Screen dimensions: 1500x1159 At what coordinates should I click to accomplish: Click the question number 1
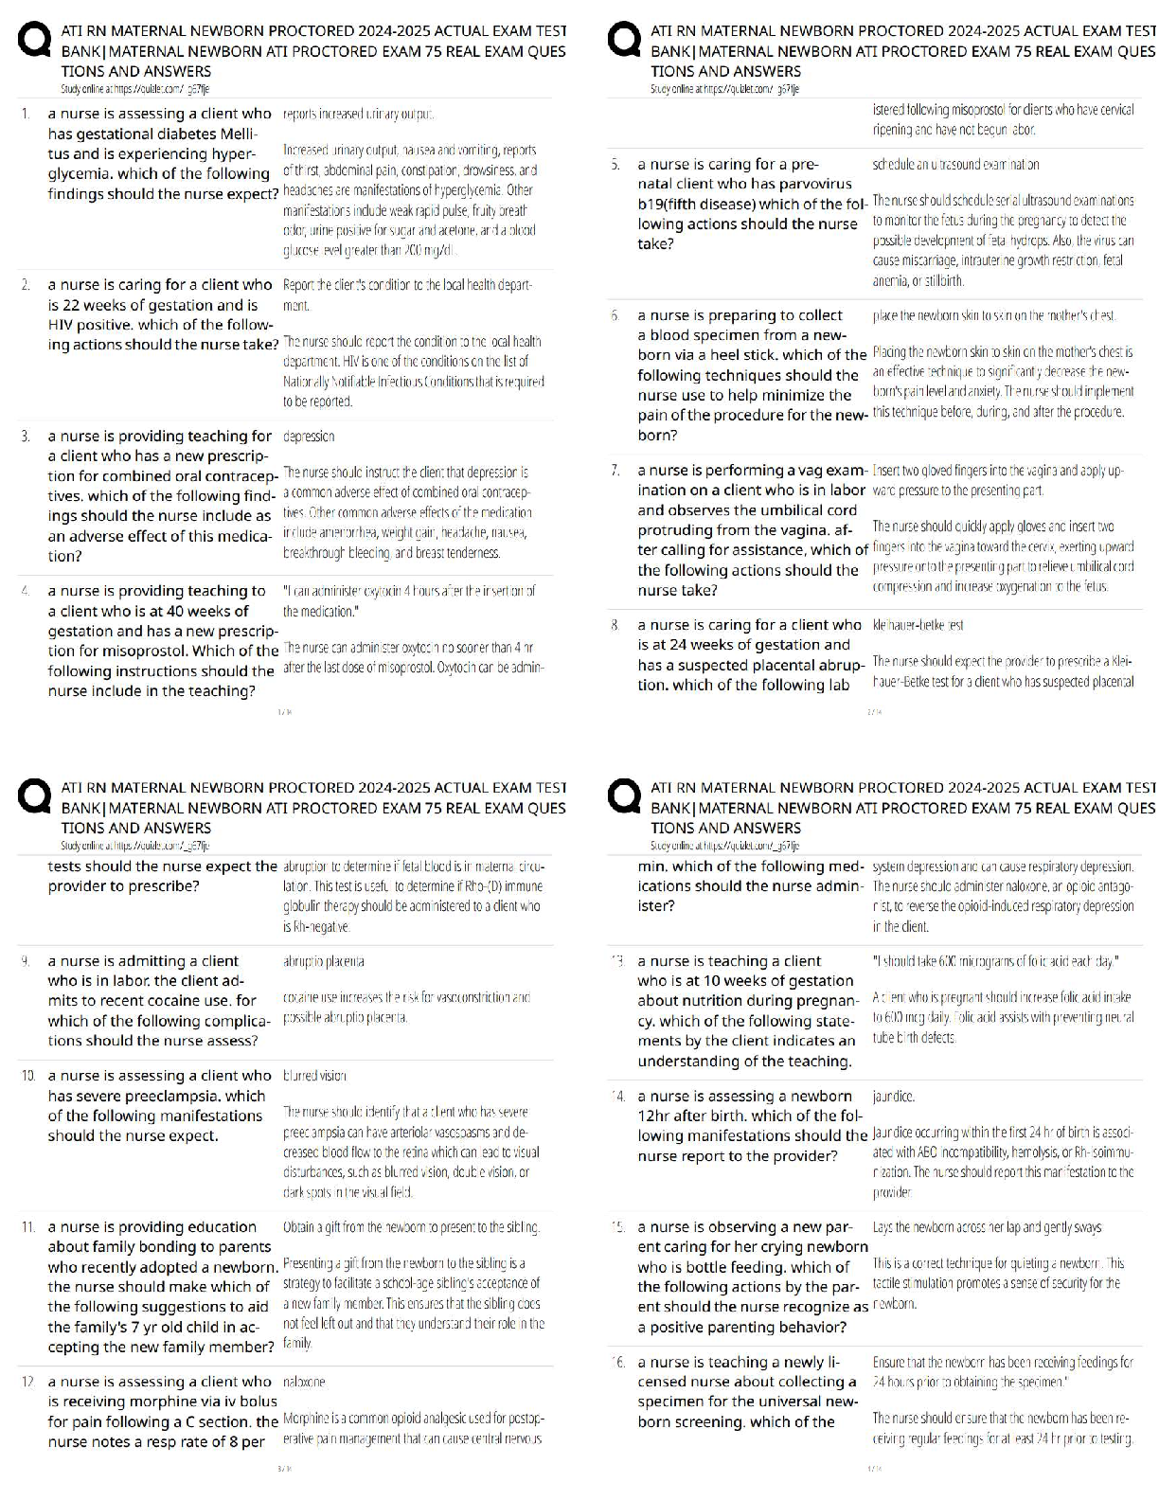tap(26, 114)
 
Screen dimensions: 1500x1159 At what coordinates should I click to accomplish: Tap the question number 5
tap(615, 165)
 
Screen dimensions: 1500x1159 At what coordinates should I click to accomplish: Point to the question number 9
tap(26, 961)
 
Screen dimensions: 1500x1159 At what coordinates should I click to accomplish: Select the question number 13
tap(616, 961)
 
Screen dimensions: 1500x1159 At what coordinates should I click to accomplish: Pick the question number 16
tap(617, 1363)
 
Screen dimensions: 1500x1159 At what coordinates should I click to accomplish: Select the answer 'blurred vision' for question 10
tap(314, 1076)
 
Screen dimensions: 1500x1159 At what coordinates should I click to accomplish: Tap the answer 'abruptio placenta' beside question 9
tap(323, 961)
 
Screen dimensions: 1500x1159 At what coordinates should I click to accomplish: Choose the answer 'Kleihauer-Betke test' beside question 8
tap(904, 625)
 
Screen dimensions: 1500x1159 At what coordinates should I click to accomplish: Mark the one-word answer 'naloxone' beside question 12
tap(304, 1383)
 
